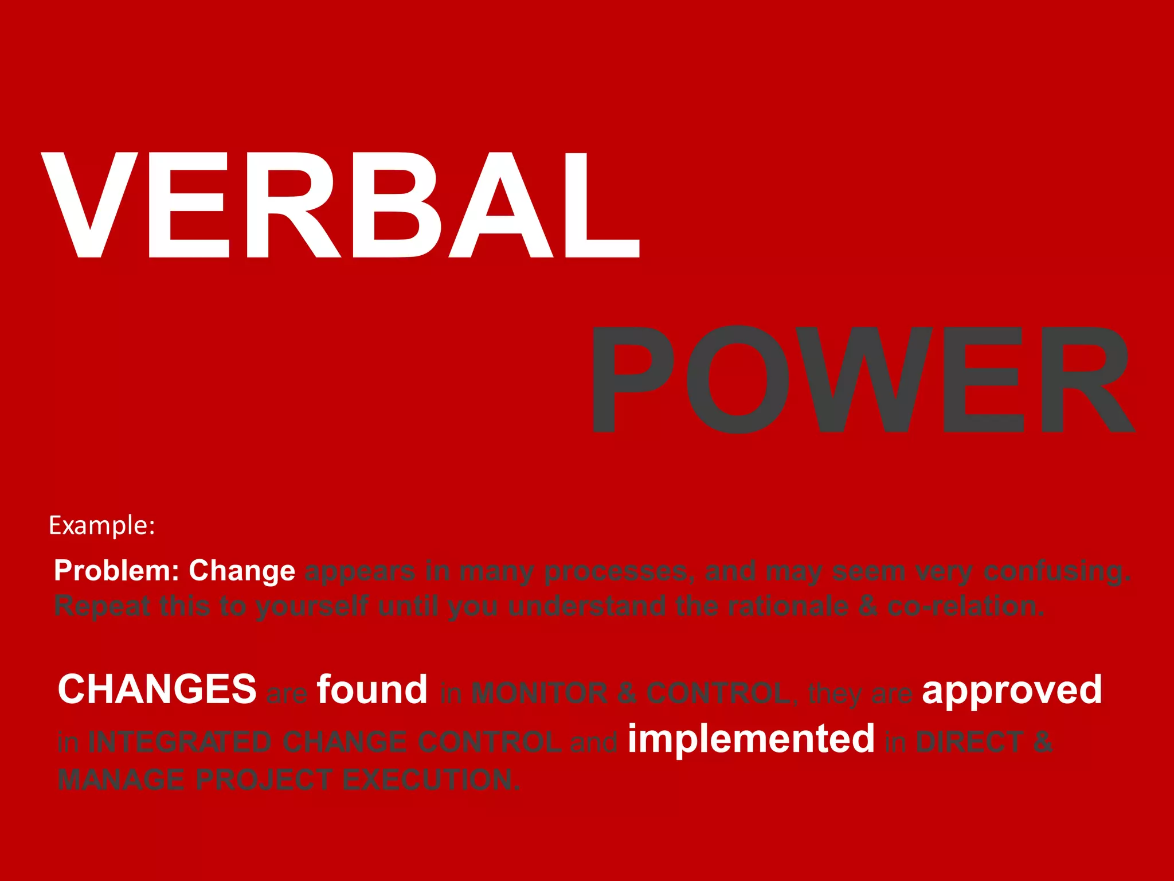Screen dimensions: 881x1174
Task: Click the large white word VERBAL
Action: click(341, 205)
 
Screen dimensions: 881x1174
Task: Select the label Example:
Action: click(102, 525)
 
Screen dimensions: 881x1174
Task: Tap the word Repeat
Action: click(102, 606)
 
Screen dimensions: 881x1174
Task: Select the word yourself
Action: click(311, 606)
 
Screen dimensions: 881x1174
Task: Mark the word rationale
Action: click(788, 606)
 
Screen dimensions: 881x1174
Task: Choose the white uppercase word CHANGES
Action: click(157, 689)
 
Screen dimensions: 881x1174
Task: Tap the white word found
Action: click(372, 689)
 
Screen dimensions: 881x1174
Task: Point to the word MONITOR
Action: click(539, 693)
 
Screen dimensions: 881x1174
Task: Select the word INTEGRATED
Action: click(179, 742)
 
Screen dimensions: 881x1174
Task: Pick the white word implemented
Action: click(751, 739)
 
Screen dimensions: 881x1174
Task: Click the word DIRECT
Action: click(969, 742)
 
